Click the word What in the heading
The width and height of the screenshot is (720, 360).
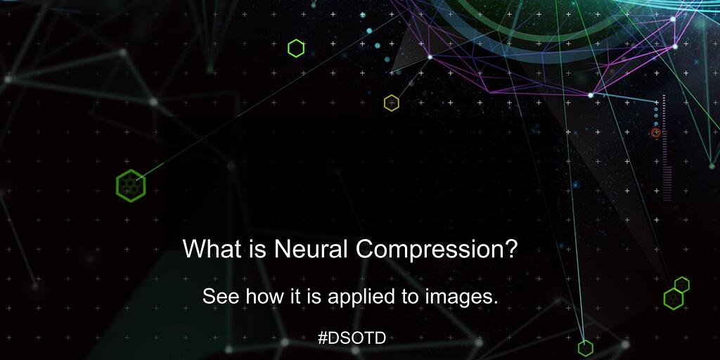[206, 250]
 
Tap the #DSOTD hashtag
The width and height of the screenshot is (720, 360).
[352, 337]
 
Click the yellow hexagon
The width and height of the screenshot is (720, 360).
[392, 103]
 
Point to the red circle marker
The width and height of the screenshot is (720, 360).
[656, 132]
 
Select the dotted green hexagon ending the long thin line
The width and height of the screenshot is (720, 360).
[130, 186]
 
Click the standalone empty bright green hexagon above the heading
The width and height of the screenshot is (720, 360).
[296, 48]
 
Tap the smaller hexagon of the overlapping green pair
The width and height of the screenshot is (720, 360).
[682, 284]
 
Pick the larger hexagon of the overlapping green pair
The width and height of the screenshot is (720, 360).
[674, 298]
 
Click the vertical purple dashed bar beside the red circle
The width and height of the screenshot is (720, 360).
[664, 148]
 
